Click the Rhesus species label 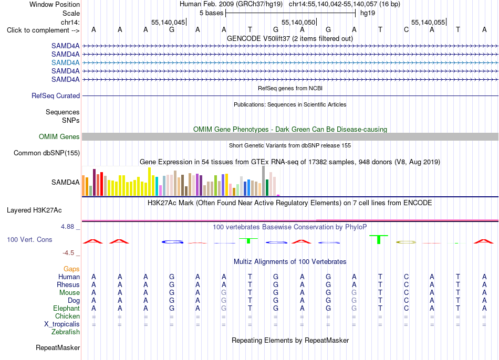(68, 284)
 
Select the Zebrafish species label (66, 332)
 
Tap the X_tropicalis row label (62, 324)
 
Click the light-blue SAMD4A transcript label (65, 62)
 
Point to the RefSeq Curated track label (55, 96)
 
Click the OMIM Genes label (59, 137)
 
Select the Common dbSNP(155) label (46, 153)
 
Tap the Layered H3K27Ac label (34, 210)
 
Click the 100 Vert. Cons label (29, 239)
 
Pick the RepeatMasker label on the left (58, 348)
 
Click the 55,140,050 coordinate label (298, 22)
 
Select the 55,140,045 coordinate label (168, 22)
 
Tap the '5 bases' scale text (211, 13)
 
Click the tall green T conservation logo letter (379, 239)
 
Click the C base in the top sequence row (406, 30)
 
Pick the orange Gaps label (71, 269)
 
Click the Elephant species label (66, 309)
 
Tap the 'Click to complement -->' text (43, 30)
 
